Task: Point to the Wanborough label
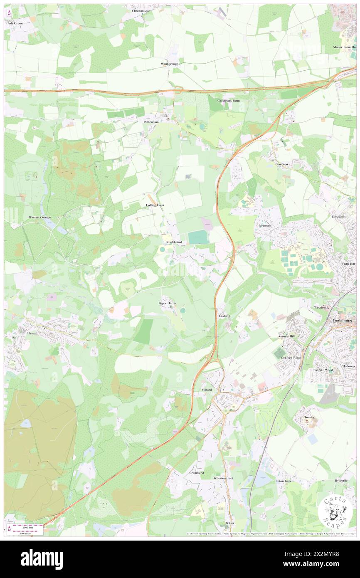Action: [169, 64]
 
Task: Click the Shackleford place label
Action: [174, 242]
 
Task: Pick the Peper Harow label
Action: [168, 303]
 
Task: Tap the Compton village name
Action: [281, 164]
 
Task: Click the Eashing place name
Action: [224, 316]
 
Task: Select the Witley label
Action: [230, 523]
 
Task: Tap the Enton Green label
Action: [284, 481]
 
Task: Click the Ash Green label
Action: [15, 24]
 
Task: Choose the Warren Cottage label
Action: [39, 217]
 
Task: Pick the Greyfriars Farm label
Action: [229, 101]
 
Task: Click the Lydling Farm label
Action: [155, 205]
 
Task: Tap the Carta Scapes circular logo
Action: [335, 511]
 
